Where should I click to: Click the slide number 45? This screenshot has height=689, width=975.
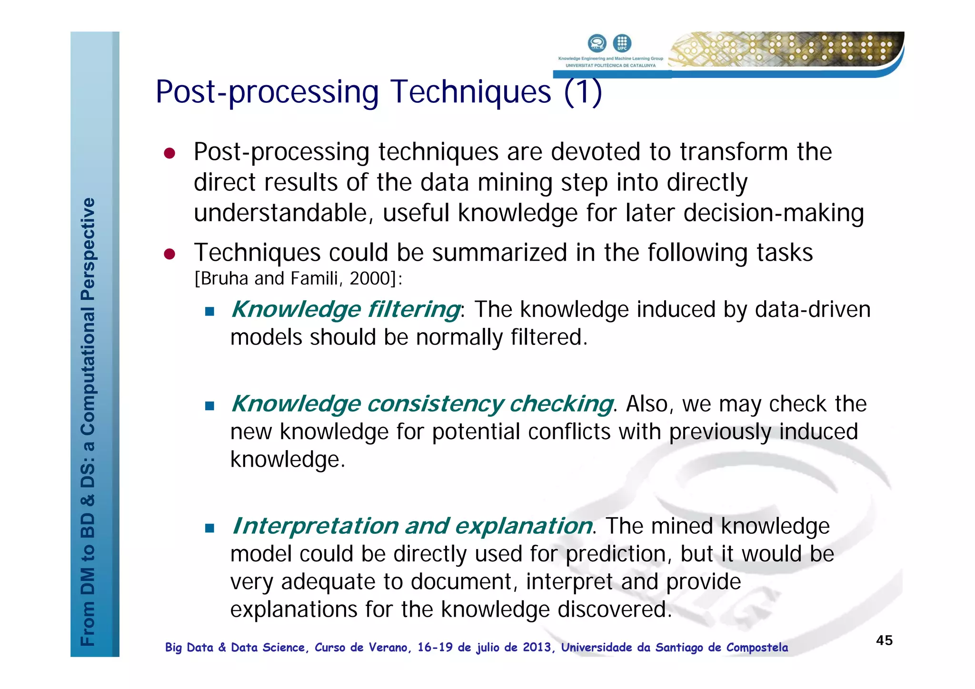884,640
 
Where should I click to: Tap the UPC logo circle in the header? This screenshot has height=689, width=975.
622,43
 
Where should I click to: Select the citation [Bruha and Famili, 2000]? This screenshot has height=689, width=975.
298,278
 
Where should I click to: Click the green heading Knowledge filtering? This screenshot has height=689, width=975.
346,309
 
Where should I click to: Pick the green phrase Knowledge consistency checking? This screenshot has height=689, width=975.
422,404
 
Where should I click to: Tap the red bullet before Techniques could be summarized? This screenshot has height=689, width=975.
169,254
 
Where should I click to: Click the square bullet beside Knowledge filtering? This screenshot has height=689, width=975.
209,312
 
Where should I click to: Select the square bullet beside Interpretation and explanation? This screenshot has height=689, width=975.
209,528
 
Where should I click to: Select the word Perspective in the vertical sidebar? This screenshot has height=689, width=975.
88,249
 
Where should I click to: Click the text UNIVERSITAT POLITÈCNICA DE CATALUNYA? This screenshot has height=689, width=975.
610,66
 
